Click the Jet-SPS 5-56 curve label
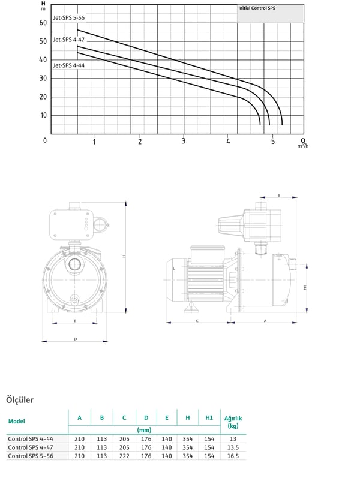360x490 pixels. coord(68,18)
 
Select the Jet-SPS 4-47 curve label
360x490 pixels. coord(68,40)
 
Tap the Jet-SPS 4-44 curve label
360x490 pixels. coord(68,65)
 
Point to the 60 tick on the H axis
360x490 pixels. coord(43,23)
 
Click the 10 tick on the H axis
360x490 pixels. coord(43,115)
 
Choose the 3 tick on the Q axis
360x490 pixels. coord(184,141)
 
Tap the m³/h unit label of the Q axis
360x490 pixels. coord(302,146)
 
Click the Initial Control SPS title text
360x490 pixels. coord(257,8)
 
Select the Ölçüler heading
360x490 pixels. coord(20,400)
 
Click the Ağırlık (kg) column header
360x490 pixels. coord(233,422)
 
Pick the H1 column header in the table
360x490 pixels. coord(209,418)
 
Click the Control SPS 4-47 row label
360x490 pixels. coord(31,447)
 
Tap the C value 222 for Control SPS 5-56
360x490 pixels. coord(124,456)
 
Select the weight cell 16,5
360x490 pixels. coord(233,456)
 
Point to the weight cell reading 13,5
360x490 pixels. coord(233,447)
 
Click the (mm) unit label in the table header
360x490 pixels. coord(144,430)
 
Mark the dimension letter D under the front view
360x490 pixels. coord(76,339)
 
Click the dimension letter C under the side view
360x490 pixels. coord(197,321)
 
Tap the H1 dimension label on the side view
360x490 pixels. coord(305,287)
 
